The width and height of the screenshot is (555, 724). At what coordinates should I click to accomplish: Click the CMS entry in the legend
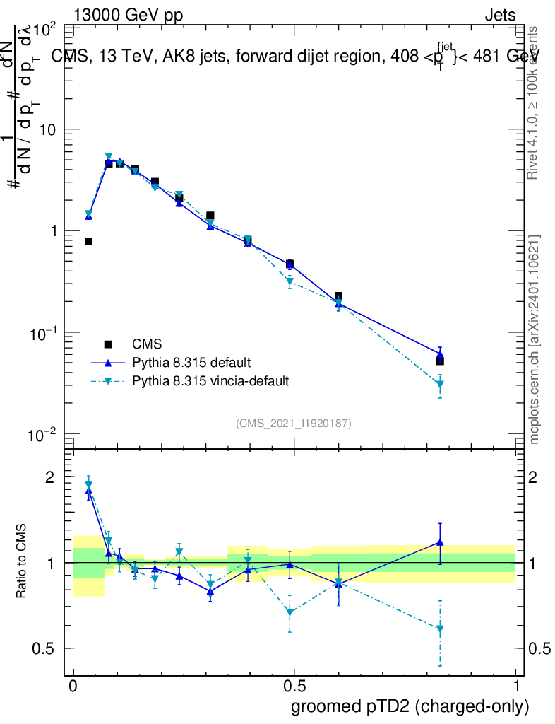click(147, 345)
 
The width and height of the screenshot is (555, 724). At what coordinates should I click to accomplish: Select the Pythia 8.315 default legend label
click(191, 363)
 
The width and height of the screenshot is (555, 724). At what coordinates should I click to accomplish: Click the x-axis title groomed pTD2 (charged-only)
click(410, 706)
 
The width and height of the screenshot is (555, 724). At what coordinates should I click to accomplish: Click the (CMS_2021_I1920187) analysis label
click(294, 423)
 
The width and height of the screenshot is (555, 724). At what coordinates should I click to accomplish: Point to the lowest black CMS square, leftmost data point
click(89, 242)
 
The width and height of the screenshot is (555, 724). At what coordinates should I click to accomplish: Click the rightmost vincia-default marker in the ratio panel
click(440, 629)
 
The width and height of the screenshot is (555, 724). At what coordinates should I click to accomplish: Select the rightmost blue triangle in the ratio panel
click(440, 542)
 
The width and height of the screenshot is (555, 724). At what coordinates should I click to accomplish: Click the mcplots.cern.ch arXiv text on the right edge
click(535, 339)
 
